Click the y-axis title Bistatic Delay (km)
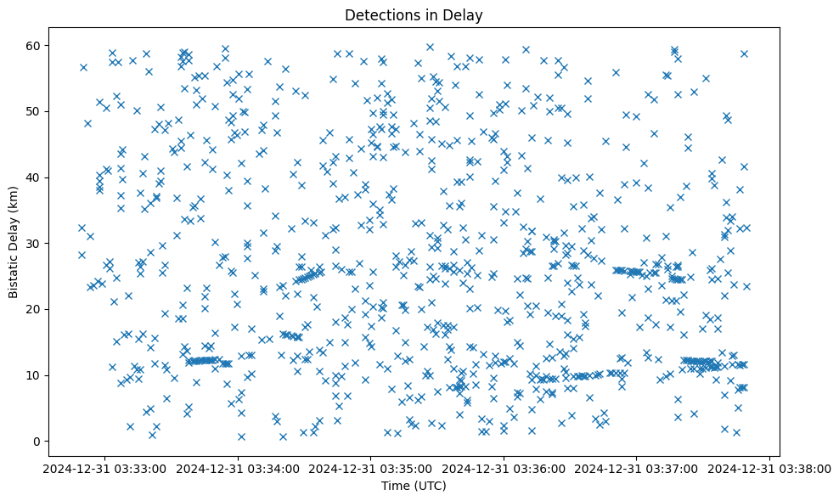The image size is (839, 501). click(14, 242)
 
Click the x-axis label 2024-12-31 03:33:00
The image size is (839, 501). click(105, 469)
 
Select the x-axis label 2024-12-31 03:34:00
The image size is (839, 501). click(238, 469)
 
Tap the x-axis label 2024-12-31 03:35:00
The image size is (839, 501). click(371, 469)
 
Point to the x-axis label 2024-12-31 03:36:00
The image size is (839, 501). click(504, 469)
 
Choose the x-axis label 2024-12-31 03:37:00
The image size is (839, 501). click(637, 469)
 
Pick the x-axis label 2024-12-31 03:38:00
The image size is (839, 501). click(770, 469)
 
